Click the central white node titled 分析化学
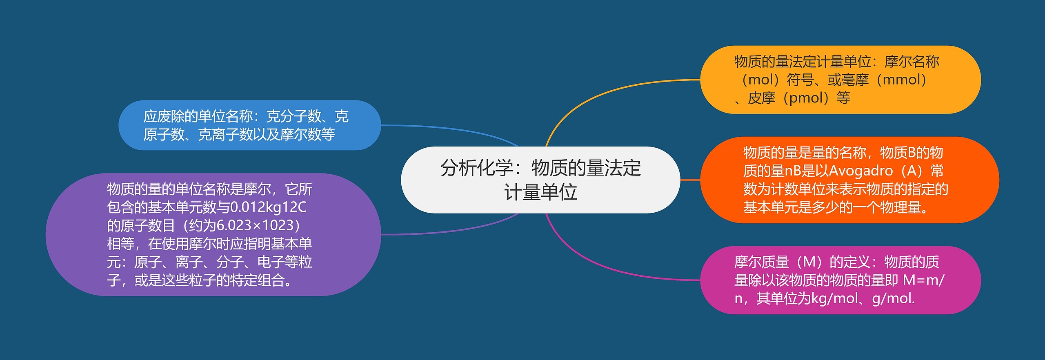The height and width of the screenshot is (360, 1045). (x=540, y=180)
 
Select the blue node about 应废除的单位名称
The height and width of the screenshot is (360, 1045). (x=249, y=125)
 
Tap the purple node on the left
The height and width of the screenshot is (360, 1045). (x=212, y=234)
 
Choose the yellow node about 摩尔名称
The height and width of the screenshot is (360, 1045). (x=840, y=80)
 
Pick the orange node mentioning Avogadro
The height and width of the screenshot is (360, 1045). (x=849, y=180)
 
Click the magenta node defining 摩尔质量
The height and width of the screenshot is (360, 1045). (x=840, y=280)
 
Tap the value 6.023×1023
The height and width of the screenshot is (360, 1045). (x=255, y=225)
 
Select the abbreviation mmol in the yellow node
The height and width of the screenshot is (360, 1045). (x=904, y=80)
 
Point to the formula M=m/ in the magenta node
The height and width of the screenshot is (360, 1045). (x=923, y=280)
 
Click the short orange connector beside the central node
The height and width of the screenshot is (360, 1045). (x=690, y=180)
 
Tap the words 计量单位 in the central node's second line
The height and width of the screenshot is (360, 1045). (x=540, y=192)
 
